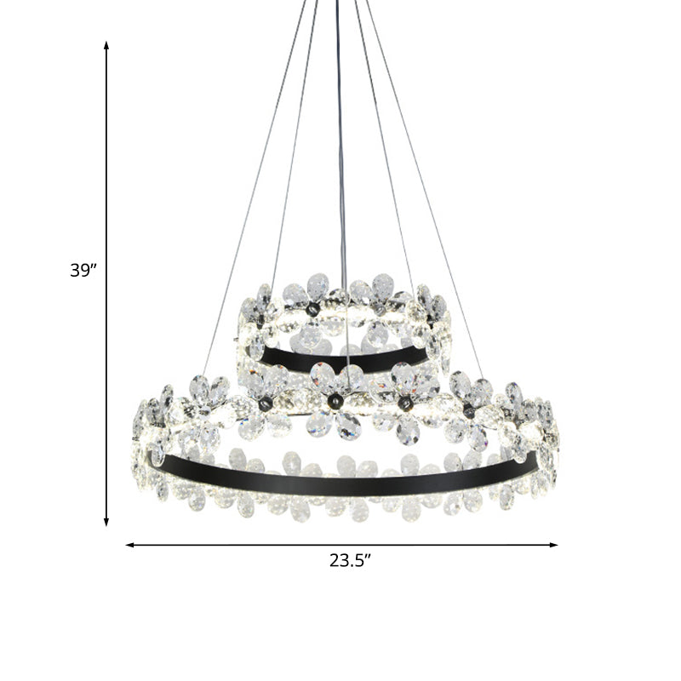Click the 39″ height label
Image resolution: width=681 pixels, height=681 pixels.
click(84, 272)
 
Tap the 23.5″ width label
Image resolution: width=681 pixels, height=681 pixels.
click(351, 560)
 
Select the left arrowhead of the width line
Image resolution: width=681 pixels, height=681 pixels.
click(129, 545)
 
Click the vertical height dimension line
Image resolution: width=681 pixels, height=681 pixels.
click(106, 170)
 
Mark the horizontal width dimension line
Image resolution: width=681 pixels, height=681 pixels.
click(255, 545)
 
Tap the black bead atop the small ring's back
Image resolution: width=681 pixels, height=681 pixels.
click(315, 308)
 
